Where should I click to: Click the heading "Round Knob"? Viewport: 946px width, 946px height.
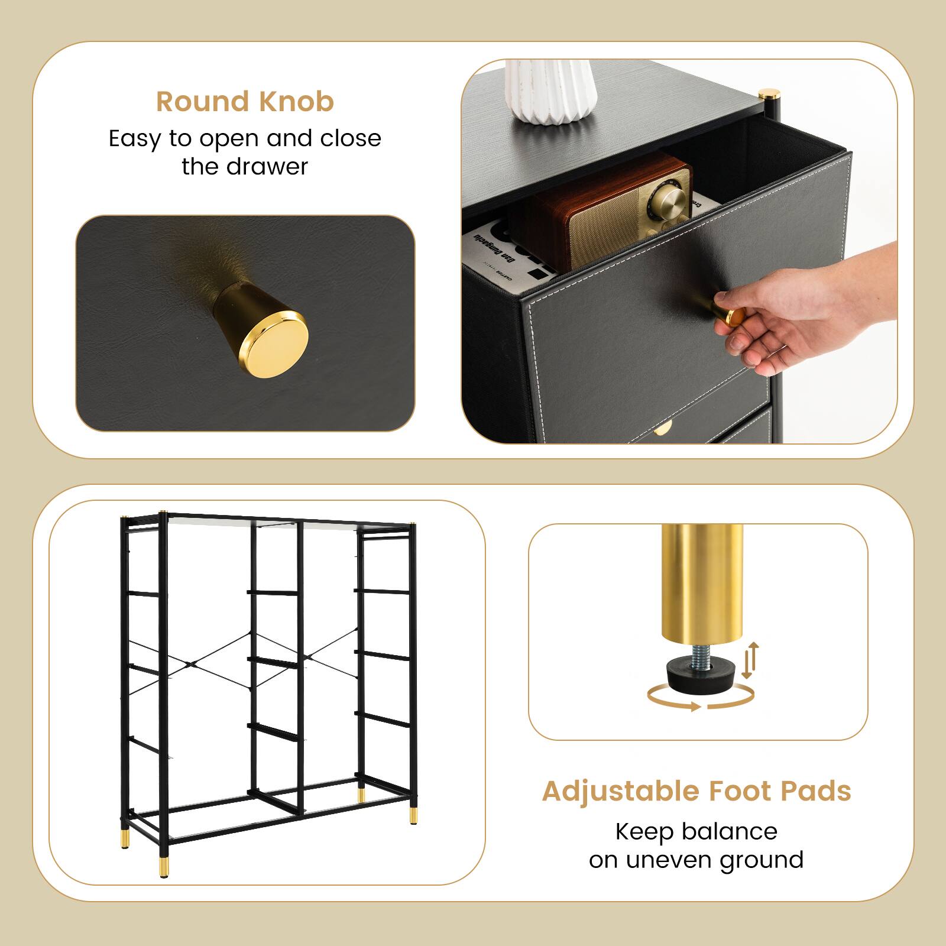(x=245, y=102)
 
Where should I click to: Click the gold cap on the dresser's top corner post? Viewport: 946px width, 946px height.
(x=769, y=94)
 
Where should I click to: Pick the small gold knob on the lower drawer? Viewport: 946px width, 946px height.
(x=663, y=427)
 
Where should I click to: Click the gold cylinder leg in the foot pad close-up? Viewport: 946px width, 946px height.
(x=701, y=582)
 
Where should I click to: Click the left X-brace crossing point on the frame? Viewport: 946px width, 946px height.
(x=190, y=663)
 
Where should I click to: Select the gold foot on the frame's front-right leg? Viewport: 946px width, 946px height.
(x=412, y=816)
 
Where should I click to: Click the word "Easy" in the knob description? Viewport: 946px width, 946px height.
(x=135, y=138)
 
